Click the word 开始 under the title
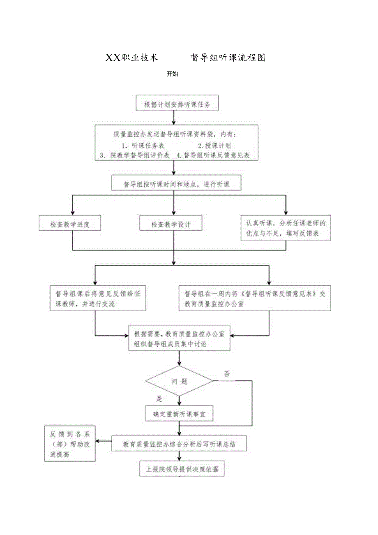pyautogui.click(x=172, y=74)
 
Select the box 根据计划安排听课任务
pyautogui.click(x=177, y=104)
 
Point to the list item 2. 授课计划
pyautogui.click(x=214, y=146)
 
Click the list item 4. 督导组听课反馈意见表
pyautogui.click(x=213, y=155)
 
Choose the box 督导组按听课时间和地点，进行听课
pyautogui.click(x=176, y=183)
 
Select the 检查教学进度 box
pyautogui.click(x=70, y=225)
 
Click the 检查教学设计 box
pyautogui.click(x=171, y=225)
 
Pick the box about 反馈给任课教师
pyautogui.click(x=98, y=299)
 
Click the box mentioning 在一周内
pyautogui.click(x=255, y=299)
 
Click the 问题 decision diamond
pyautogui.click(x=179, y=381)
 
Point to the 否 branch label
pyautogui.click(x=227, y=374)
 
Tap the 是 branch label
pyautogui.click(x=159, y=398)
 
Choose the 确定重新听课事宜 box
pyautogui.click(x=179, y=415)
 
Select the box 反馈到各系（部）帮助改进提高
pyautogui.click(x=70, y=444)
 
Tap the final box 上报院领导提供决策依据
pyautogui.click(x=182, y=469)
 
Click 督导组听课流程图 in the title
pyautogui.click(x=228, y=58)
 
